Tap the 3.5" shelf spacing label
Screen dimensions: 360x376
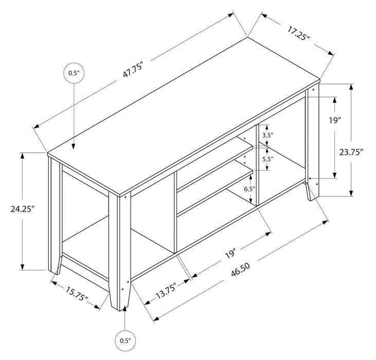[x=267, y=135]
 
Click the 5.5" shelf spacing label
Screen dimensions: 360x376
[x=267, y=159]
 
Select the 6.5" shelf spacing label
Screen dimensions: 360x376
[x=249, y=189]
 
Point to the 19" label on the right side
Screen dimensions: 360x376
[x=335, y=121]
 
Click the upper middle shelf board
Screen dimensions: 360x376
[x=216, y=165]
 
